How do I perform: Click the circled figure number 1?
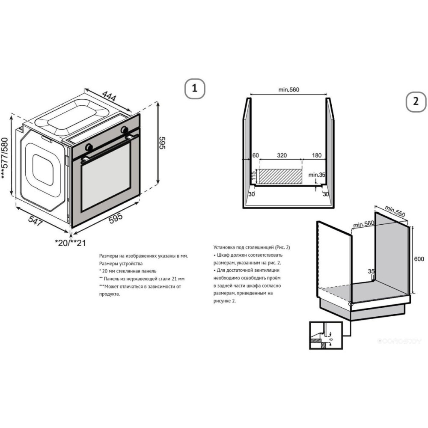[x=195, y=89]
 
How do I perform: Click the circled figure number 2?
[x=416, y=102]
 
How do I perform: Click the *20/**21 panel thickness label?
[x=71, y=243]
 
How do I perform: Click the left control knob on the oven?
[x=89, y=147]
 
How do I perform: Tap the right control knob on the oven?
[x=124, y=130]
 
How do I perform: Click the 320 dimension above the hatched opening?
[x=281, y=155]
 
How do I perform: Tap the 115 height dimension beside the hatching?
[x=253, y=175]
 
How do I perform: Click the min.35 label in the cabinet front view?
[x=317, y=175]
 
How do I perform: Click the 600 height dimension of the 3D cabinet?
[x=419, y=259]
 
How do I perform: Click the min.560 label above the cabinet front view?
[x=288, y=90]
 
